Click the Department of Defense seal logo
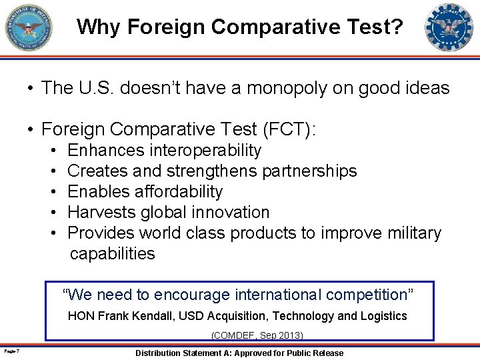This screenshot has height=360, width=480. (28, 27)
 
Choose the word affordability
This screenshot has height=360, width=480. (179, 192)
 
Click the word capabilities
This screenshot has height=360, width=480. (112, 254)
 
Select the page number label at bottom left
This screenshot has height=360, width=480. (10, 351)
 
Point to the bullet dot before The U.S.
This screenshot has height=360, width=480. (31, 88)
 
